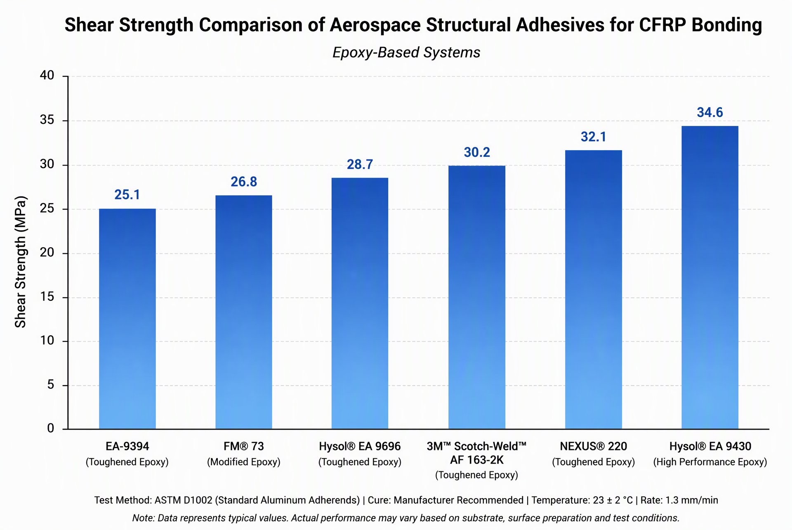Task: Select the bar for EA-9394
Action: [127, 319]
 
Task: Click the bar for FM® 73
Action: [244, 312]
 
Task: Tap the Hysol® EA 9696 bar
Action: [360, 303]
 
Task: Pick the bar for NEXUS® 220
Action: [593, 289]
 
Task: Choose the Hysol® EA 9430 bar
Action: [710, 277]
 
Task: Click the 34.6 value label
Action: [710, 112]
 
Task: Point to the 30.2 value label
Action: [477, 152]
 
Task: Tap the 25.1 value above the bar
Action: [127, 194]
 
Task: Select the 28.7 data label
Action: [360, 164]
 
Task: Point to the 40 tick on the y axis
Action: [47, 75]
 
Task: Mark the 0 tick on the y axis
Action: [51, 428]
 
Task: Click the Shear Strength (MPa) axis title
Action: [20, 262]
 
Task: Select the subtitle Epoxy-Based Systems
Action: [406, 52]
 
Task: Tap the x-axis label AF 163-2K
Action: [477, 460]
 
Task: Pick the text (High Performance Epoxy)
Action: [710, 462]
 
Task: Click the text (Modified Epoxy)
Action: [244, 462]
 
